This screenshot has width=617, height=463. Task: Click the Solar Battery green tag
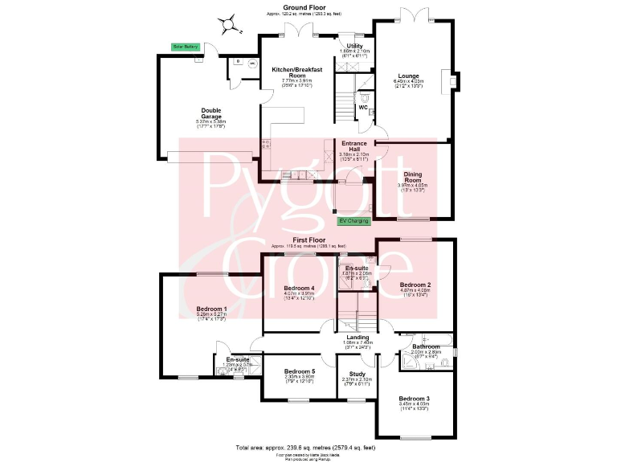pyautogui.click(x=185, y=47)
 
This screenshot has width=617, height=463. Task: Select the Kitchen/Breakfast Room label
pyautogui.click(x=296, y=73)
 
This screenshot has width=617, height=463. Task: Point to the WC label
pyautogui.click(x=363, y=107)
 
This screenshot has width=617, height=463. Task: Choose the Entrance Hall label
pyautogui.click(x=355, y=145)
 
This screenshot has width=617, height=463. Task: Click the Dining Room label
pyautogui.click(x=413, y=177)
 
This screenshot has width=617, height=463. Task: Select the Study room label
pyautogui.click(x=356, y=374)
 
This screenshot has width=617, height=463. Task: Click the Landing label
pyautogui.click(x=358, y=338)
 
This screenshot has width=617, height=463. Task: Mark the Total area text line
pyautogui.click(x=308, y=447)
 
